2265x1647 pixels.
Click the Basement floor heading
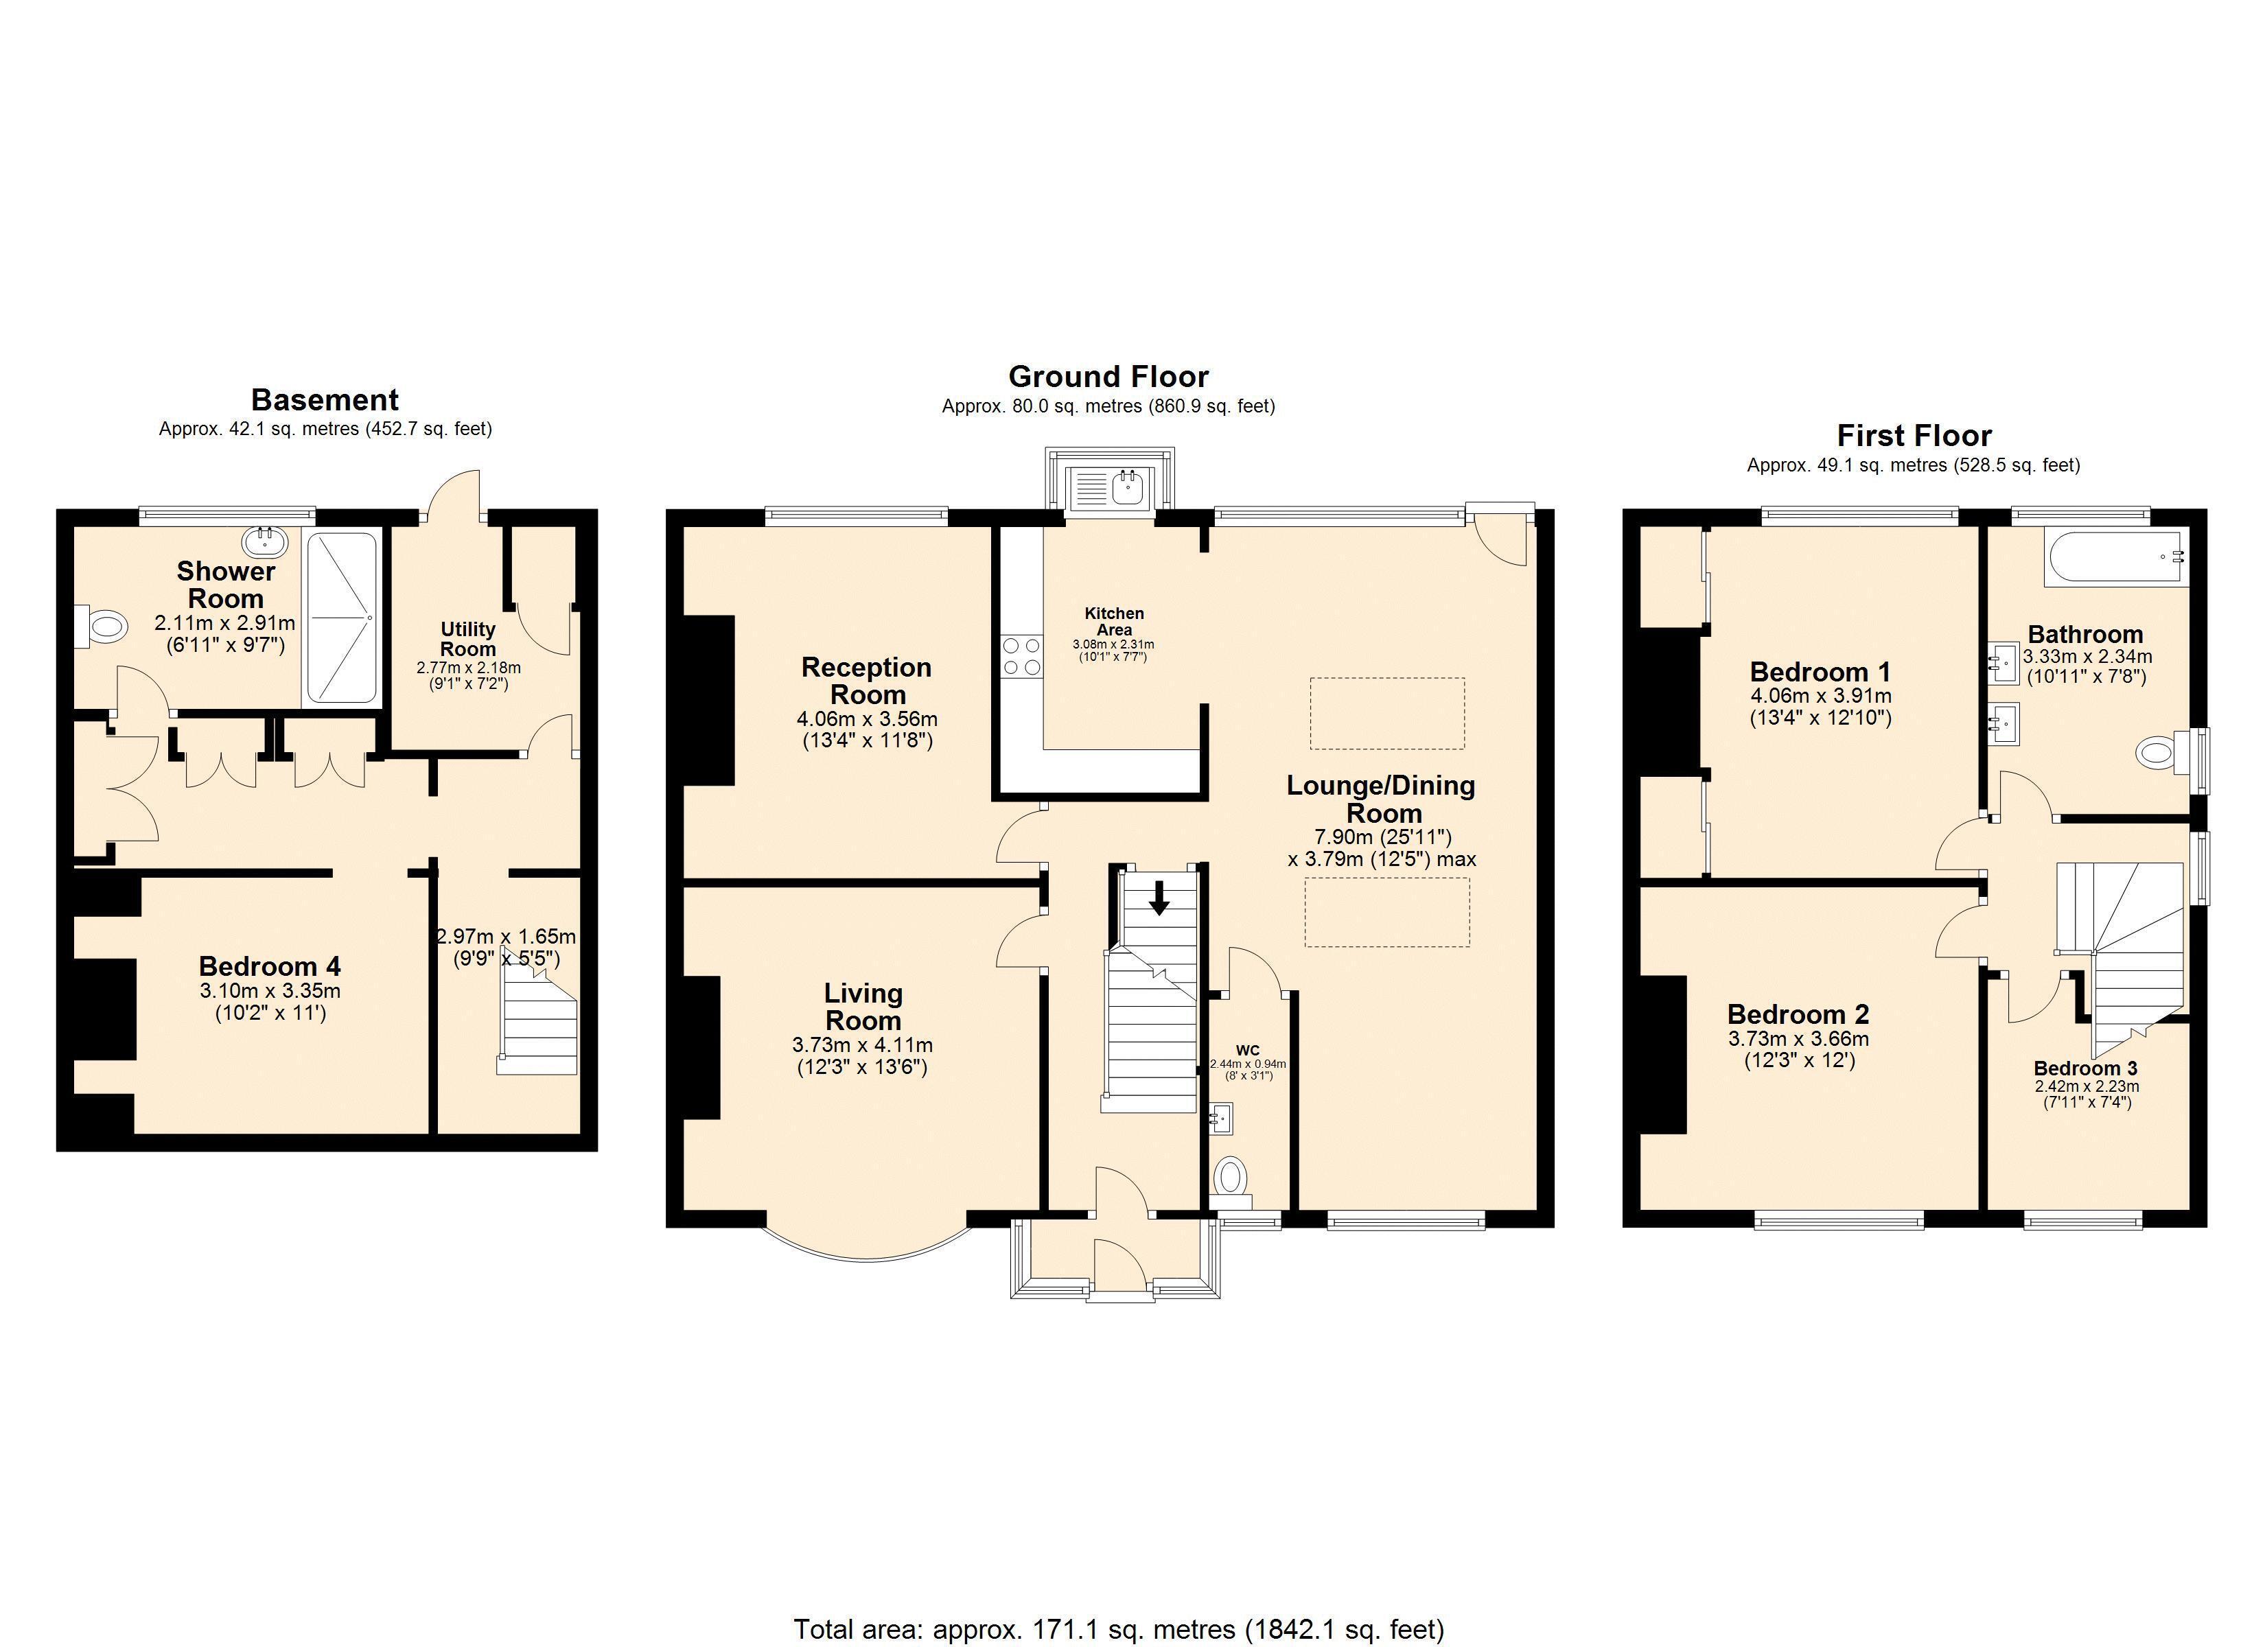click(x=325, y=399)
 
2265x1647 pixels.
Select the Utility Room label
click(x=467, y=638)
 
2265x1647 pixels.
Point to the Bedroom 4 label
click(x=270, y=966)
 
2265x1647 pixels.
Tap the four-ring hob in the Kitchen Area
click(x=1021, y=656)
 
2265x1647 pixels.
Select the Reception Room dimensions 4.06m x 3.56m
click(x=867, y=718)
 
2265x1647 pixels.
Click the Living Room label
click(x=863, y=1007)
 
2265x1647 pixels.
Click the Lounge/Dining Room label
click(x=1381, y=799)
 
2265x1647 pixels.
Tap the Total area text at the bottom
click(x=1119, y=1630)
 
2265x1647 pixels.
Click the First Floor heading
click(x=1914, y=436)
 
